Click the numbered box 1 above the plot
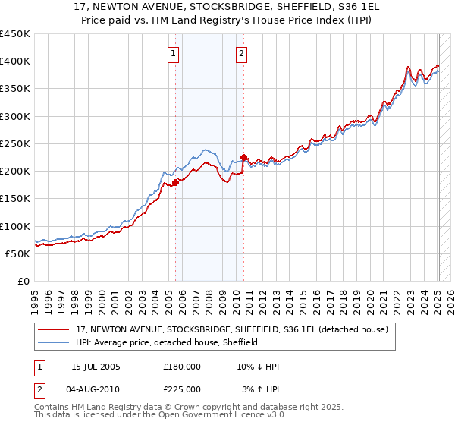tap(174, 53)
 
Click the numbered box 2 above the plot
tap(241, 53)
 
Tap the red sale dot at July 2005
tap(175, 182)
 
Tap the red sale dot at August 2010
tap(243, 158)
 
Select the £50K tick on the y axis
tap(17, 253)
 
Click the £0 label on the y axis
tap(23, 281)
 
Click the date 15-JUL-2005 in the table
tap(96, 367)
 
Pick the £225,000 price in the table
tap(182, 389)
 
